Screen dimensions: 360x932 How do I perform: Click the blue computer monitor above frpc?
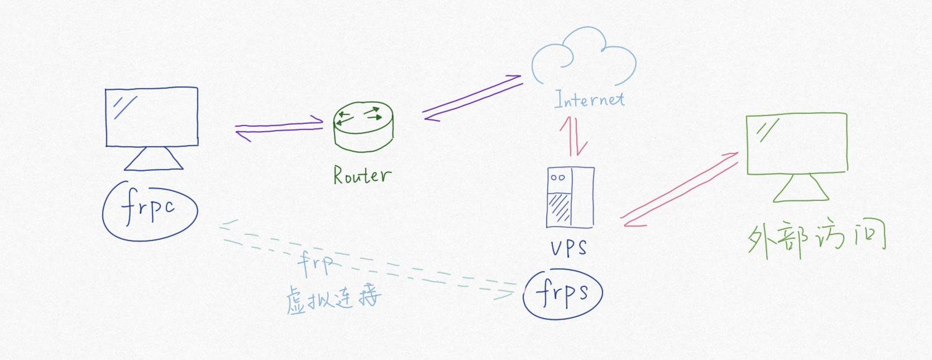pos(152,117)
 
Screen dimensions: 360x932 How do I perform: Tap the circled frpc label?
pos(150,210)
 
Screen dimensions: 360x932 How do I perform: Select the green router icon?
pos(363,127)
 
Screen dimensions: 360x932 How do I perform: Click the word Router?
pos(362,175)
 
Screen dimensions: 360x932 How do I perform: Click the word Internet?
pos(590,99)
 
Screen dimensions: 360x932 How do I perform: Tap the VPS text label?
pos(568,247)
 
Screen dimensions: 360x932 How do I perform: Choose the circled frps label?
pos(562,294)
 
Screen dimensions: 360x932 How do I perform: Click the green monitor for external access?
pos(797,143)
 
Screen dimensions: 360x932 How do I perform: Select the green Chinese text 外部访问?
pos(816,240)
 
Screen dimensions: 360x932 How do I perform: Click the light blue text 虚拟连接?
pos(333,299)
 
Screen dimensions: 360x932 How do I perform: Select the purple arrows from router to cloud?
pos(472,98)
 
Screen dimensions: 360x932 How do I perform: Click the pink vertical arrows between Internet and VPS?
pos(574,136)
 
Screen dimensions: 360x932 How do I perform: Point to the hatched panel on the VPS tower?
pos(559,208)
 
